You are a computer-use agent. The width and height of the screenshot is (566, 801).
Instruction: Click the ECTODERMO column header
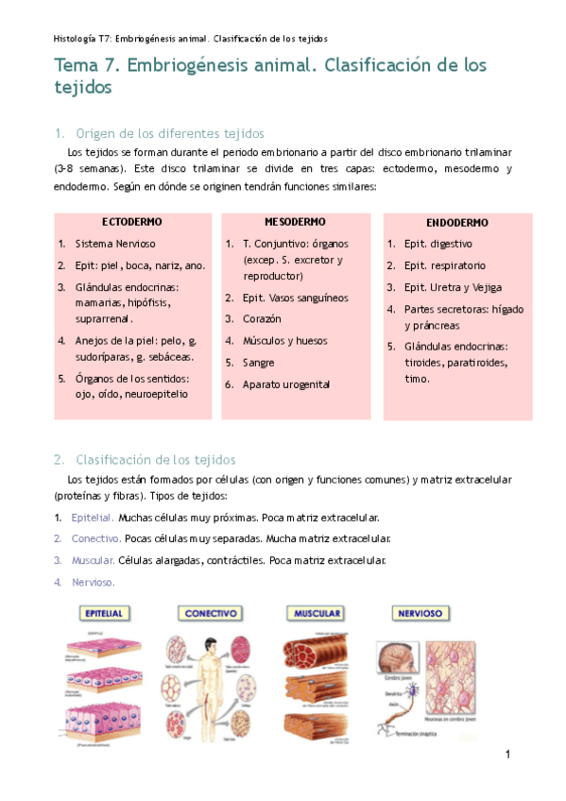point(131,221)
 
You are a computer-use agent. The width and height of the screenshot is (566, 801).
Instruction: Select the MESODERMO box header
point(297,221)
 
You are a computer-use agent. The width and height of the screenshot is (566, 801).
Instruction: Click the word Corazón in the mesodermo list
point(262,319)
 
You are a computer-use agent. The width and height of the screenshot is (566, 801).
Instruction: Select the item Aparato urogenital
point(286,384)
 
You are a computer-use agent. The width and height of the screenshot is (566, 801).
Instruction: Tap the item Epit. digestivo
point(437,244)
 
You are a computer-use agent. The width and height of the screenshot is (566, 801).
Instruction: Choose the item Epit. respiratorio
point(444,265)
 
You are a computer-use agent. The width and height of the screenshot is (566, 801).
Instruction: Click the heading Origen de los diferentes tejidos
point(169,133)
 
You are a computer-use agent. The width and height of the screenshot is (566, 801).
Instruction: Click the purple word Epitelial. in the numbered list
point(93,518)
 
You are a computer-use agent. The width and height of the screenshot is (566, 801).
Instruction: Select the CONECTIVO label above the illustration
point(210,613)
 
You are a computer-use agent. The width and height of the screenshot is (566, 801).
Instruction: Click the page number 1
point(507,754)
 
